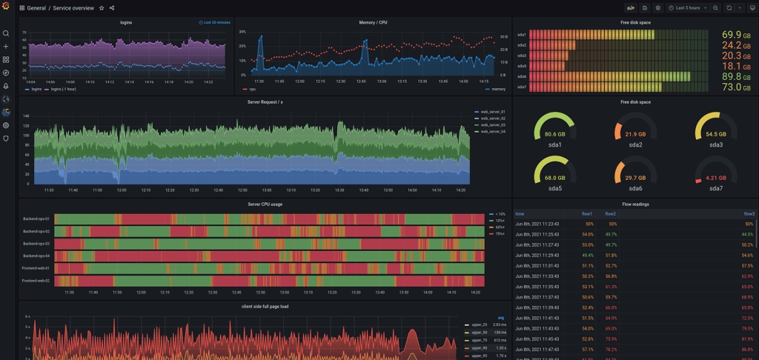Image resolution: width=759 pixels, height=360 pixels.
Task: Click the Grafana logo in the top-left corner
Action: (x=6, y=7)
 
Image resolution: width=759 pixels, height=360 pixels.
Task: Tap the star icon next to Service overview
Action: (x=102, y=8)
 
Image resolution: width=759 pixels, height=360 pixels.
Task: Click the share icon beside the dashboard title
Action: (x=112, y=8)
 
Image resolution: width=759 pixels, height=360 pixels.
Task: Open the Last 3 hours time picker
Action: (x=687, y=8)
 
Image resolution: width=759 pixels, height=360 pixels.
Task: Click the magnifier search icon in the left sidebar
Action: (x=6, y=33)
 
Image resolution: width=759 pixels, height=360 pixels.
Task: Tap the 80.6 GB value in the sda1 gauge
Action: (x=554, y=135)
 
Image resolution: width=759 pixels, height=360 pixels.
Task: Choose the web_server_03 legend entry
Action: (x=492, y=125)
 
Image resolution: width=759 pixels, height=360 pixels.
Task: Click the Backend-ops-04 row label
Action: (x=36, y=256)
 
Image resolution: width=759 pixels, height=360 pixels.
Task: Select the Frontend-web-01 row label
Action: (x=36, y=268)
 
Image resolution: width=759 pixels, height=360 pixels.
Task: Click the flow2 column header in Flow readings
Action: (x=610, y=214)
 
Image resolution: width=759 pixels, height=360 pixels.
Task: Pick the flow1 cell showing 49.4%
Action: (x=587, y=255)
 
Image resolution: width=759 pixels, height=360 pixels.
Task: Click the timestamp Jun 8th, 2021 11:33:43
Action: (x=537, y=276)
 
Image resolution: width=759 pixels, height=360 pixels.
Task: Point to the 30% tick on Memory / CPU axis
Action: (x=242, y=33)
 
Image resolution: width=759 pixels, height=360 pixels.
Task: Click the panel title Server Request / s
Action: (x=265, y=102)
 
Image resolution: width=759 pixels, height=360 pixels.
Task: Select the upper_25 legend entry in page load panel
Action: (x=477, y=325)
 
